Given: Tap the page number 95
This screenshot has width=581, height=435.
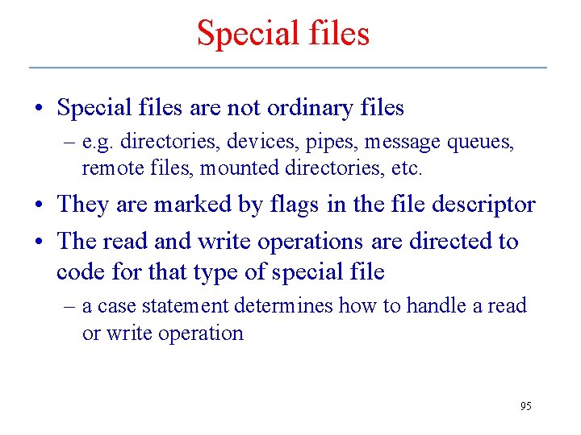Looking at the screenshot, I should pyautogui.click(x=525, y=406).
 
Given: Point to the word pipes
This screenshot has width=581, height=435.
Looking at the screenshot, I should pyautogui.click(x=331, y=143).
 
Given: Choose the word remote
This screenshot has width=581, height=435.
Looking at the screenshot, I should pyautogui.click(x=109, y=168).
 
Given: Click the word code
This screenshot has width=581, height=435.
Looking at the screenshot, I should pyautogui.click(x=78, y=271).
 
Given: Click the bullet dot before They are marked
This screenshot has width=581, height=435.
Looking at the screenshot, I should pyautogui.click(x=40, y=205).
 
